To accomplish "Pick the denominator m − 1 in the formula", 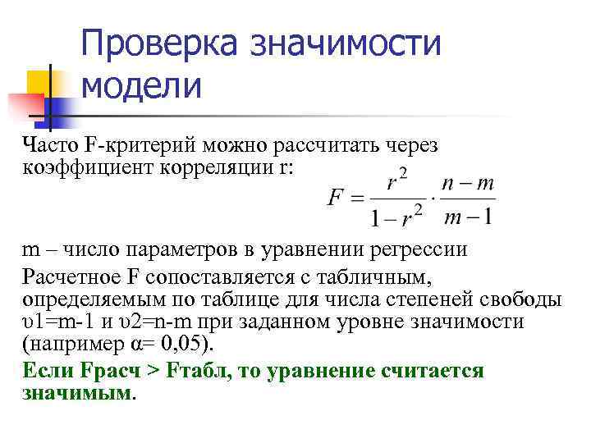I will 467,217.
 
